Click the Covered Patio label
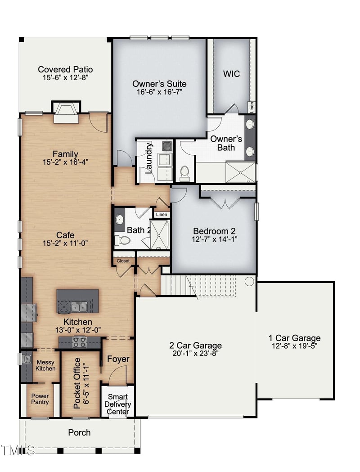coord(65,69)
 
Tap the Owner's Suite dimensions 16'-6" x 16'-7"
coord(159,92)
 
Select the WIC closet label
coord(231,74)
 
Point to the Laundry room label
coord(149,158)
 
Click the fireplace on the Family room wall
coord(66,112)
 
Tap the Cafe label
coord(65,235)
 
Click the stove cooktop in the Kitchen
coord(80,342)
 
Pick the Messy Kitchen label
coord(46,365)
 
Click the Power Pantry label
coord(40,399)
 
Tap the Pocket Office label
coord(77,383)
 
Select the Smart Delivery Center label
coord(118,404)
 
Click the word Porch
coord(79,432)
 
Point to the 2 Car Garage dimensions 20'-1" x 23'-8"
coord(195,354)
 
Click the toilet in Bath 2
coord(123,241)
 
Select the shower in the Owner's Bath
coord(239,171)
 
